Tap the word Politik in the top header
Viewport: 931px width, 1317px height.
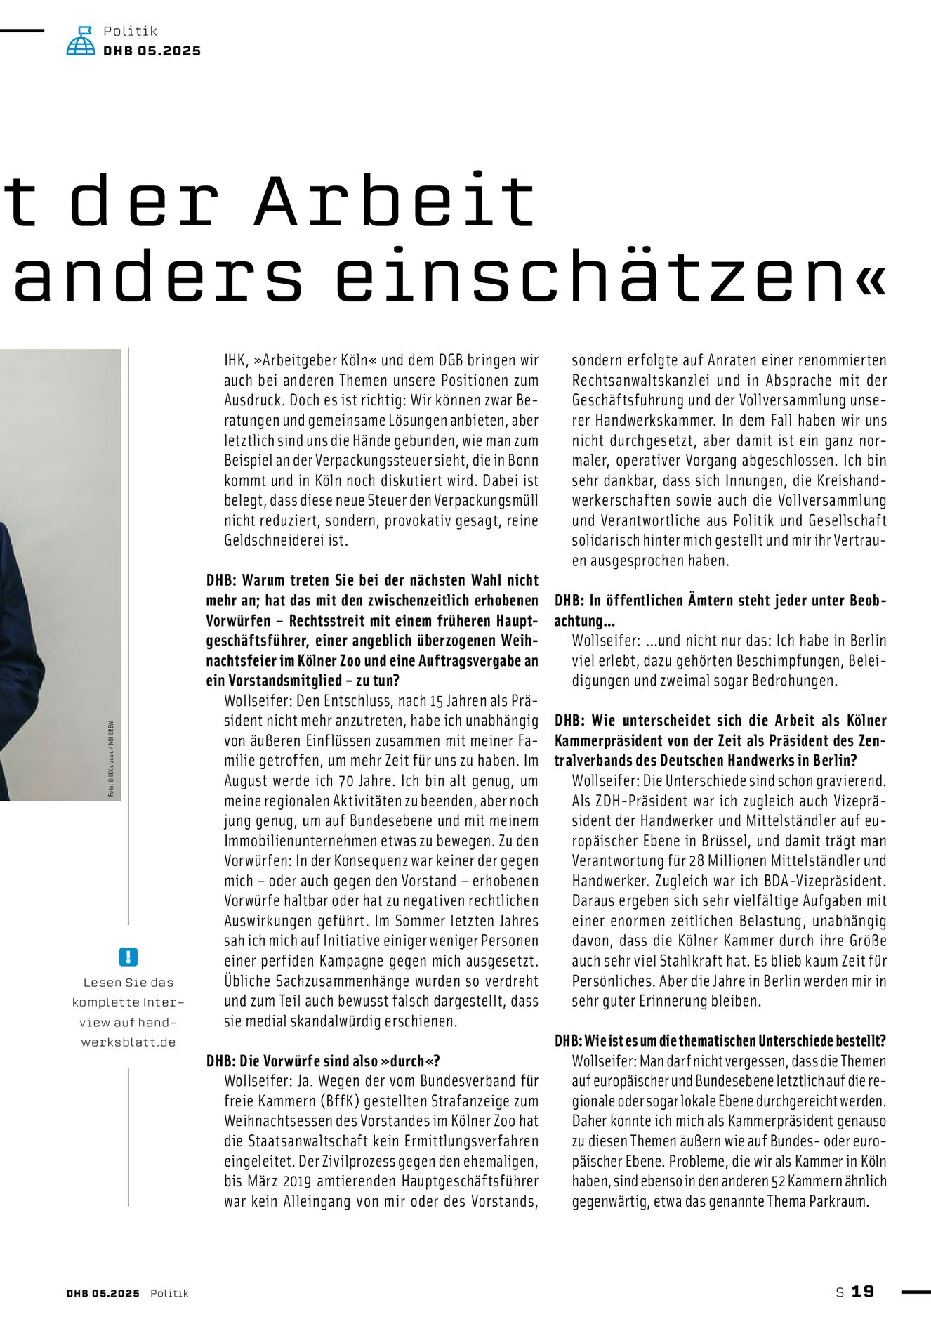tap(130, 31)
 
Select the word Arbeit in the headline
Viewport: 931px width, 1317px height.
tap(395, 201)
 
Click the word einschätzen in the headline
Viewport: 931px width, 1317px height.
tap(590, 276)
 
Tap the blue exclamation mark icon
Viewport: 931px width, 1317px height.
tap(128, 957)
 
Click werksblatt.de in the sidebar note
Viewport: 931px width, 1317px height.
tap(128, 1042)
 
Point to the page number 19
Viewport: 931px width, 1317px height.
tap(863, 1292)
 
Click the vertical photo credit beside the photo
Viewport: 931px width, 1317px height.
tap(111, 759)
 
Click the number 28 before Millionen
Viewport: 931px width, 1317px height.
tap(696, 861)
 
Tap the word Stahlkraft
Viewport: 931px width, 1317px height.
tap(749, 961)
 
